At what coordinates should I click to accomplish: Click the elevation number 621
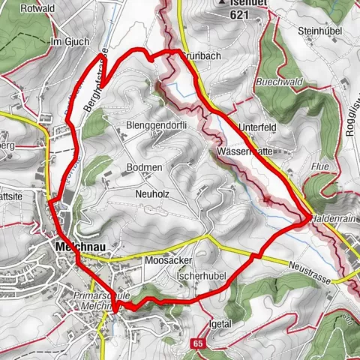(x=240, y=14)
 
